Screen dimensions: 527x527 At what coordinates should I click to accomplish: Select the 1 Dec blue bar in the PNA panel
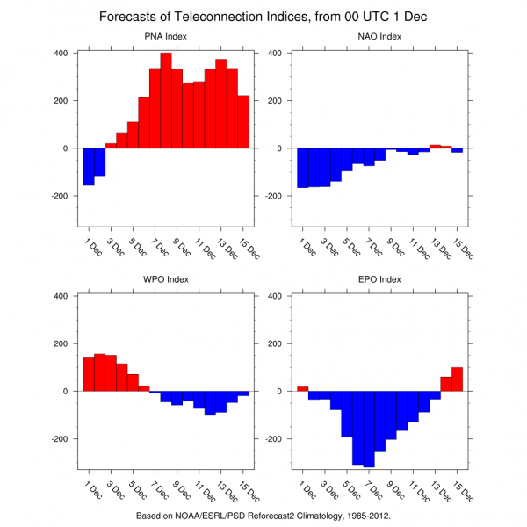click(x=89, y=167)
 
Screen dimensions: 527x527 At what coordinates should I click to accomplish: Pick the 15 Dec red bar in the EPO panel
click(x=457, y=379)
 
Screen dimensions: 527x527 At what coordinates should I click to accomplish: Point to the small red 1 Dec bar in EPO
click(x=302, y=388)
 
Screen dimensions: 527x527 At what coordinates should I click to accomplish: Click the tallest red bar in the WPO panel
click(x=99, y=372)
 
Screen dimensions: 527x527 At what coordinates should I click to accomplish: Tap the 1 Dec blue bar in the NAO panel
click(x=302, y=168)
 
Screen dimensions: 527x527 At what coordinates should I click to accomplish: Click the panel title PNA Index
click(x=166, y=36)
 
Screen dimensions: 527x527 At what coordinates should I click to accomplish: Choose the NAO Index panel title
click(x=379, y=36)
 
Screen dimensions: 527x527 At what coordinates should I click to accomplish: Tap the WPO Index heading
click(x=166, y=279)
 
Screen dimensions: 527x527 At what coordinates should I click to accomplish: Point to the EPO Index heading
click(x=379, y=279)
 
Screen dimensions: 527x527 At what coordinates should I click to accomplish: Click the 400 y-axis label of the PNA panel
click(x=62, y=53)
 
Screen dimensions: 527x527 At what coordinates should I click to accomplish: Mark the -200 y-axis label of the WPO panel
click(x=61, y=439)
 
